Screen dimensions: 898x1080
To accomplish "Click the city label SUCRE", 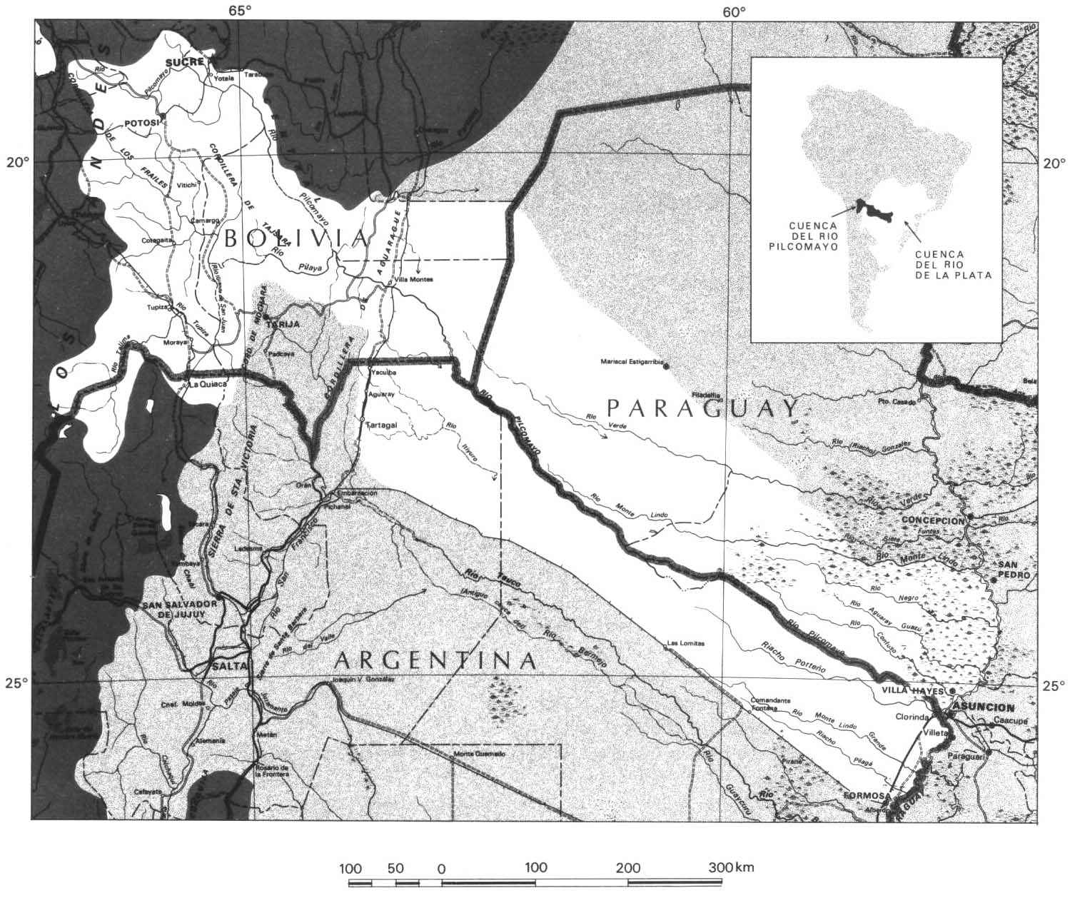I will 182,62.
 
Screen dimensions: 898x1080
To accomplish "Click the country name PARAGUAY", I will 702,408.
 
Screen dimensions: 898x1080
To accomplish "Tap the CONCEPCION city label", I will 933,520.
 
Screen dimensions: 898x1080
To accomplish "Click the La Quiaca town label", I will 207,384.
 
